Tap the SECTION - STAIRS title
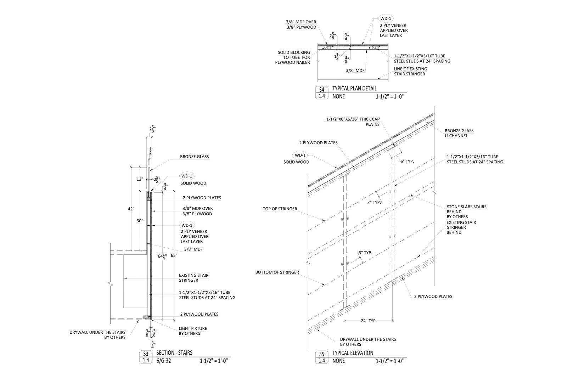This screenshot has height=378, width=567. [174, 353]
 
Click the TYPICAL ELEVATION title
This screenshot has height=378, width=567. [353, 353]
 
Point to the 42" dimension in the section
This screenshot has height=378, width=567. [131, 209]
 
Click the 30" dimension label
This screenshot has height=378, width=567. [140, 221]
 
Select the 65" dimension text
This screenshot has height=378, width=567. [174, 255]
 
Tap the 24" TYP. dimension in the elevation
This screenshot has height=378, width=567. [369, 321]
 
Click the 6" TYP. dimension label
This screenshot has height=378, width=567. [407, 162]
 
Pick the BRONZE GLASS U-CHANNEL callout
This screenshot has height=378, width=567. [459, 133]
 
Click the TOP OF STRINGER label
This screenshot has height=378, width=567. [280, 209]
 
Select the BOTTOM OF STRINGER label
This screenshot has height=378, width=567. [277, 272]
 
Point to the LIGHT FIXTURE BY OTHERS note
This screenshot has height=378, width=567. [193, 331]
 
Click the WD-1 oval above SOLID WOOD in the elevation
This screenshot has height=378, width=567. [300, 155]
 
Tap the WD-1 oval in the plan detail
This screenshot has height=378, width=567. [386, 18]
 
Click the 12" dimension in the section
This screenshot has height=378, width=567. [140, 179]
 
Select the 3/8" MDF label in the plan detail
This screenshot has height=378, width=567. [355, 70]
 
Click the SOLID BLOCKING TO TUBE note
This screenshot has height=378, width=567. [293, 57]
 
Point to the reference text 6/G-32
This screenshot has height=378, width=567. [164, 361]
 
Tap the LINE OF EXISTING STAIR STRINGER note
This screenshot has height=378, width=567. [410, 71]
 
